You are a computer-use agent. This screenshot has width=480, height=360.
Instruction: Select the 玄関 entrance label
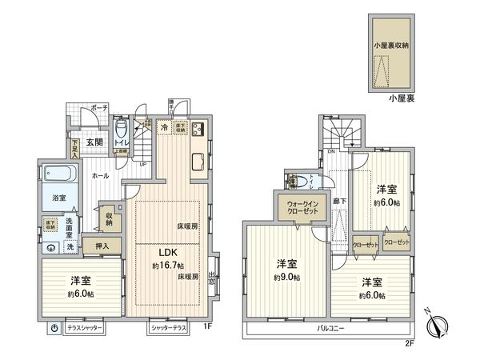pos(94,143)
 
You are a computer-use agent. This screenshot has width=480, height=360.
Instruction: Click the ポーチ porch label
pos(98,106)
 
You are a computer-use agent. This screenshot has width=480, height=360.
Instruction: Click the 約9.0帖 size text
pos(286,277)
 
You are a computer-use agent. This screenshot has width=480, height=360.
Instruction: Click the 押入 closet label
pos(102,246)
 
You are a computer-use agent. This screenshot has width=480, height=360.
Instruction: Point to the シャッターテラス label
pos(169,328)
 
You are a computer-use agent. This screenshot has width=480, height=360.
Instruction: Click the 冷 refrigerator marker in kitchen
pos(163,127)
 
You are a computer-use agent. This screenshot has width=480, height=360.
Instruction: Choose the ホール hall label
pos(100,175)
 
